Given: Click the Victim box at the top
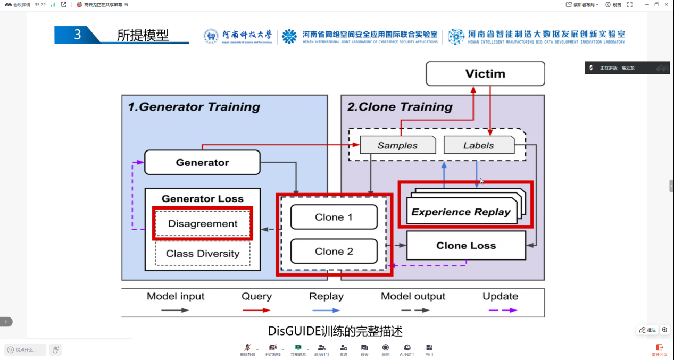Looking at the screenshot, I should click(485, 73).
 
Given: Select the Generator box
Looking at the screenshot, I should click(202, 162).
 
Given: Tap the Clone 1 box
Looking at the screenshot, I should click(334, 217).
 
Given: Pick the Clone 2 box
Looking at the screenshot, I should click(334, 251).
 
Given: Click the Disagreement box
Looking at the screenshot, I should click(203, 224).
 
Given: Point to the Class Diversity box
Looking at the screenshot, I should click(203, 254).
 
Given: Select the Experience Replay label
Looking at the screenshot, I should click(461, 212).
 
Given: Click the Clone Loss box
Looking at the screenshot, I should click(466, 245).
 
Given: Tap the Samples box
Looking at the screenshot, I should click(397, 145).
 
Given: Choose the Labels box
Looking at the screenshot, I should click(478, 145).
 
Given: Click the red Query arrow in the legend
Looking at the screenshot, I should click(256, 310).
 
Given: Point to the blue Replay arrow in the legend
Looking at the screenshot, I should click(326, 310).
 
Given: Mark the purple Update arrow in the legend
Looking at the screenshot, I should click(501, 310).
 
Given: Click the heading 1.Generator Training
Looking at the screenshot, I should click(194, 107).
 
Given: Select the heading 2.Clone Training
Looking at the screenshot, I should click(400, 107).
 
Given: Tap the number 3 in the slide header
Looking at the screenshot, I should click(78, 35).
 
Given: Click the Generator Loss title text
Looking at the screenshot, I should click(203, 199).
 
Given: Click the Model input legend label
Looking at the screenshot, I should click(176, 296).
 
